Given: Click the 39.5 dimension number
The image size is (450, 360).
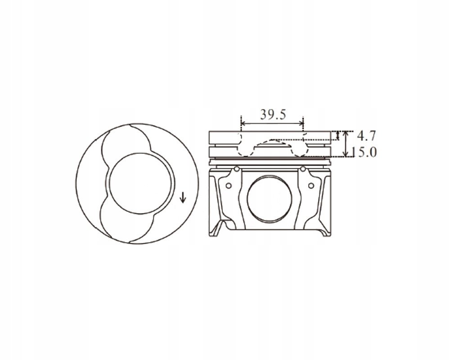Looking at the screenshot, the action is coord(273,115).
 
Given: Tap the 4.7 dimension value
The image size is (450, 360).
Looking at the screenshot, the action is coord(366,135).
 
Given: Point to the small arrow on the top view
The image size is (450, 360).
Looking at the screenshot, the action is coord(183,197).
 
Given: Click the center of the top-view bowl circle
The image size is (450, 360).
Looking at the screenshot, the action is coord(140,184).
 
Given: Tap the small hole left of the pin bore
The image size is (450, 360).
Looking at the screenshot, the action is coord(229,186).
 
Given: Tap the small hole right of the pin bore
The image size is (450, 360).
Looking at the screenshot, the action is coord(311,186).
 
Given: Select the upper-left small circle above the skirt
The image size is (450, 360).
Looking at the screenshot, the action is coord(237,169).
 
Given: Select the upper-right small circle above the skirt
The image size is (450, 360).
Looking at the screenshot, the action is coord(303,169).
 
